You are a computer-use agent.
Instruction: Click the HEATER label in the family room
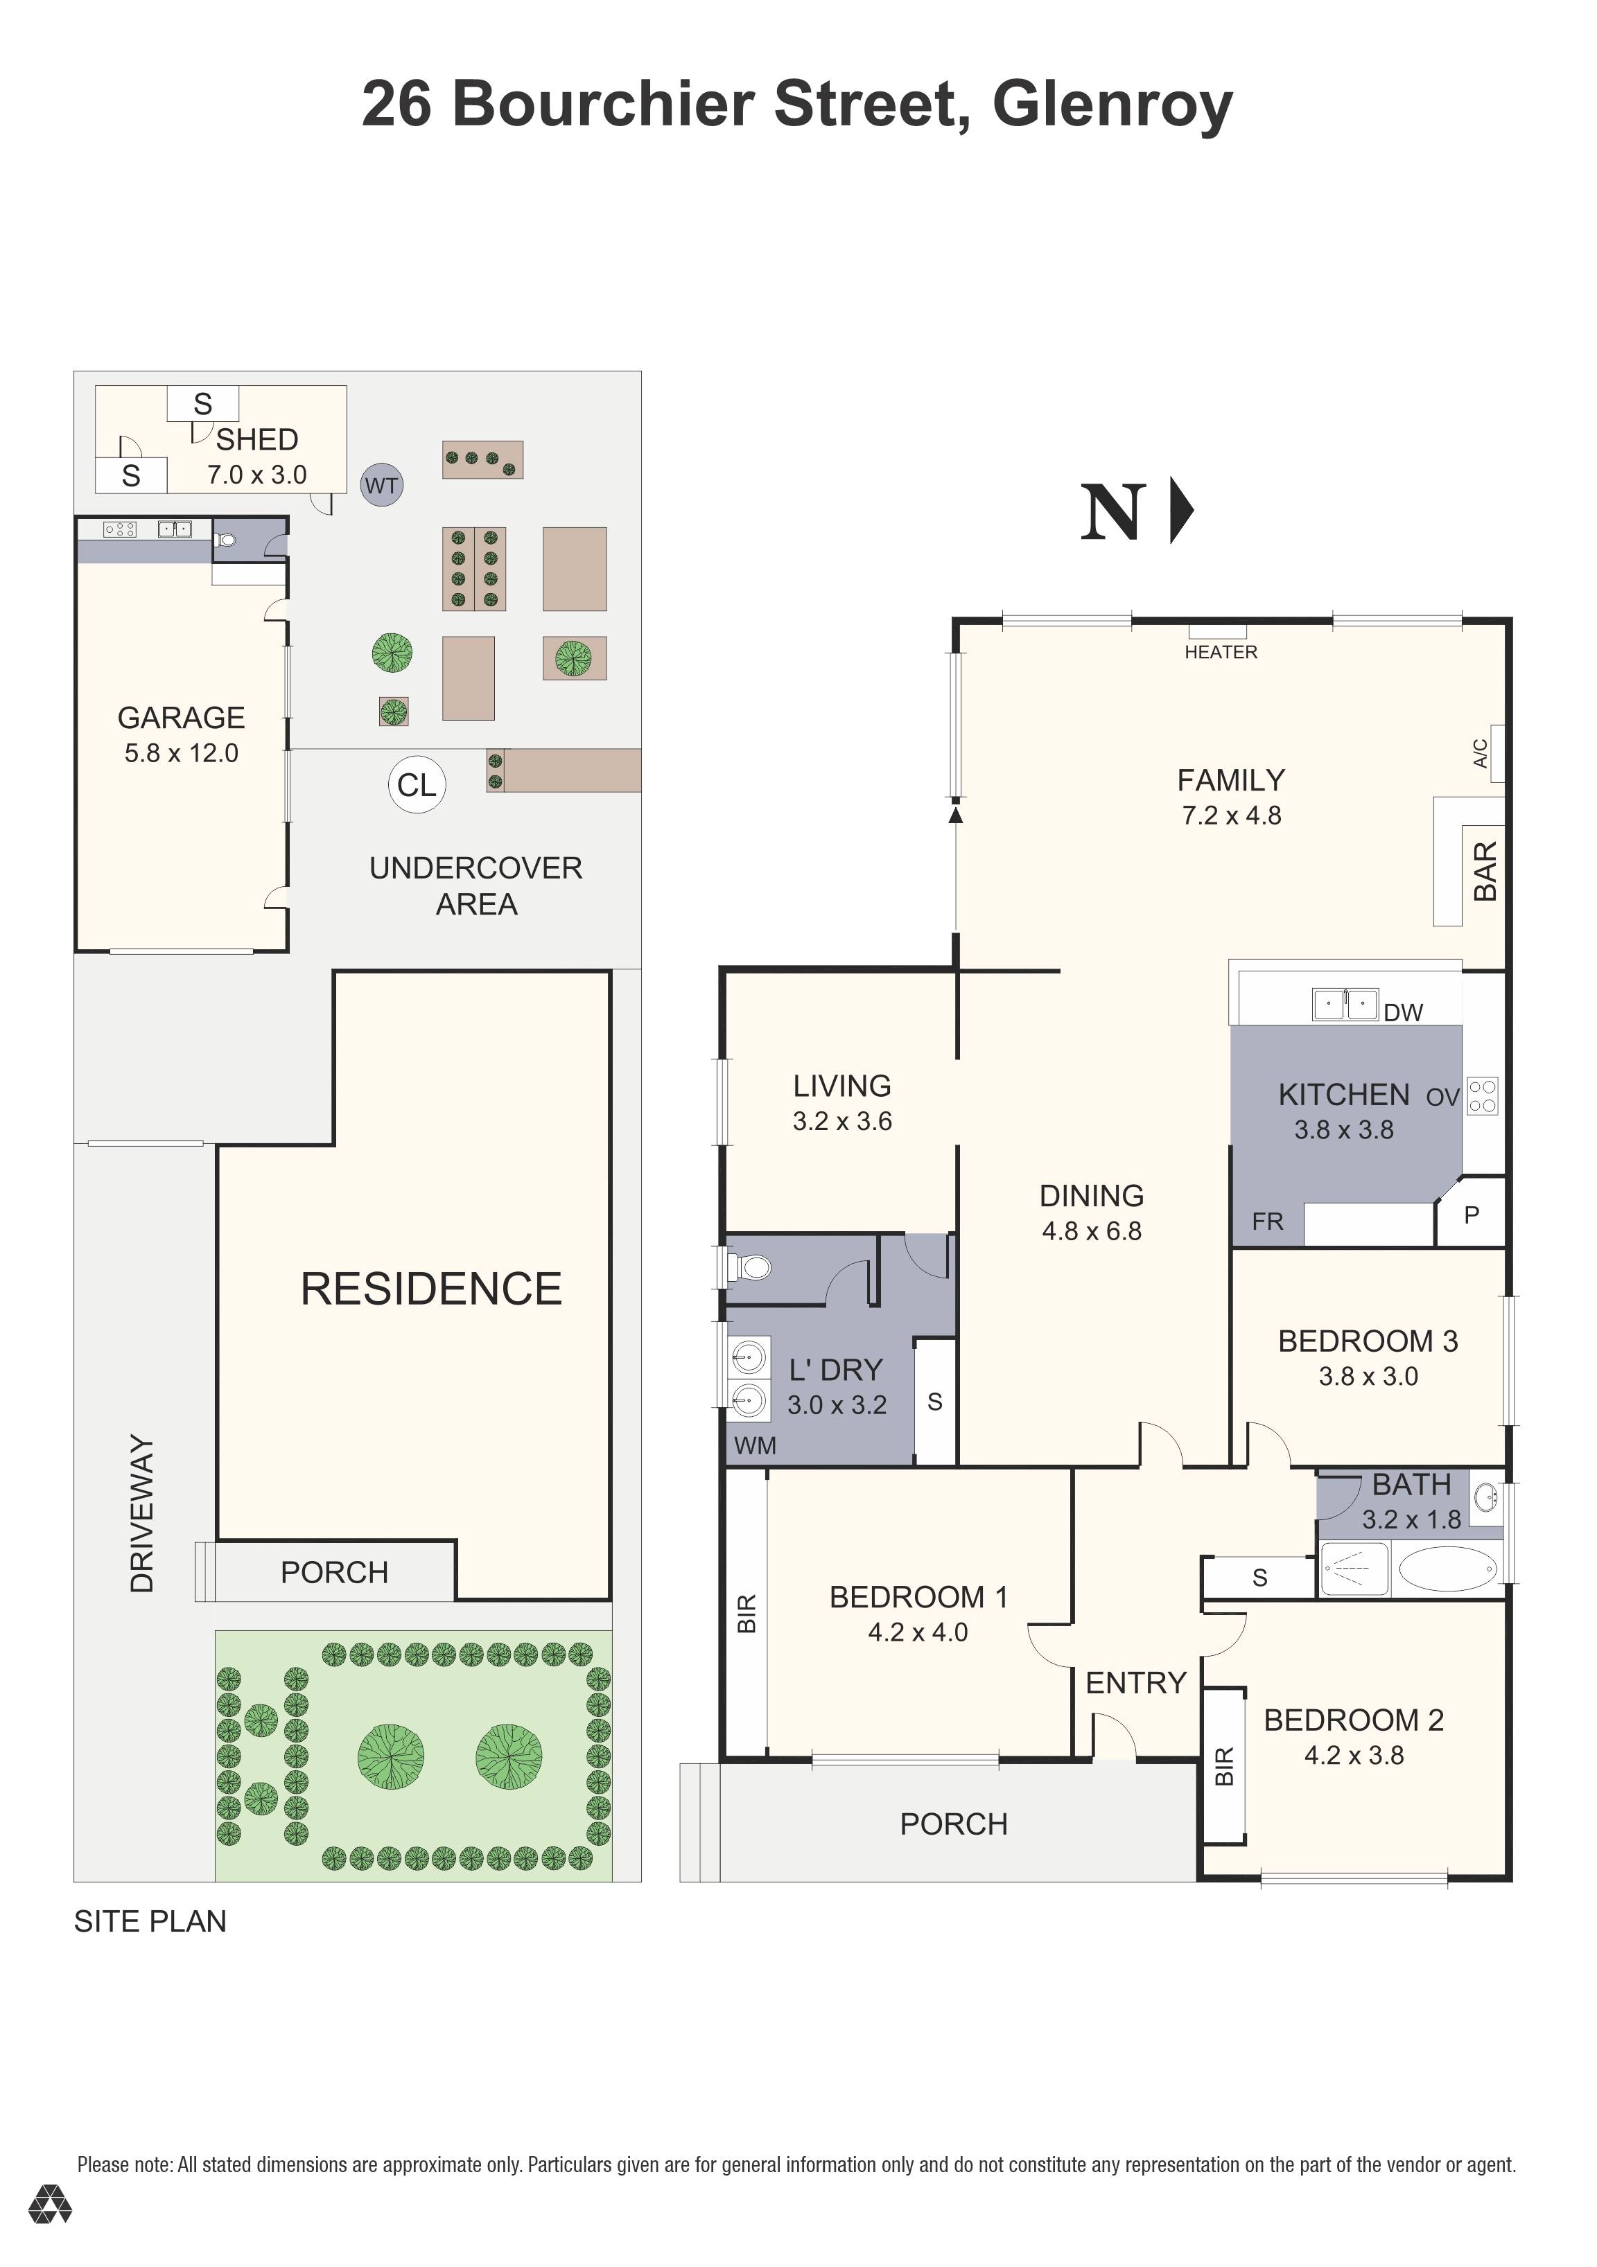pyautogui.click(x=1221, y=652)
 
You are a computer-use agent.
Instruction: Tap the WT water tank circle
pyautogui.click(x=381, y=485)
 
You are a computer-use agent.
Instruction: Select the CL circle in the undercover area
pyautogui.click(x=417, y=784)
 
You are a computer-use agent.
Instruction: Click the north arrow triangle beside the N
pyautogui.click(x=1181, y=511)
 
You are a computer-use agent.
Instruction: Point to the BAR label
pyautogui.click(x=1485, y=871)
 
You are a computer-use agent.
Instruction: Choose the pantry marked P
pyautogui.click(x=1472, y=1215)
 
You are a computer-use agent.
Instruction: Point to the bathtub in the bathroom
pyautogui.click(x=1447, y=1568)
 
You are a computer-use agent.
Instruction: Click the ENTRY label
pyautogui.click(x=1136, y=1682)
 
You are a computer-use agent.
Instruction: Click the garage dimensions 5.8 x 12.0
pyautogui.click(x=181, y=752)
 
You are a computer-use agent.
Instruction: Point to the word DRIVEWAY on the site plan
pyautogui.click(x=142, y=1514)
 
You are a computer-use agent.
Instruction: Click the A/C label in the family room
pyautogui.click(x=1479, y=753)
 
